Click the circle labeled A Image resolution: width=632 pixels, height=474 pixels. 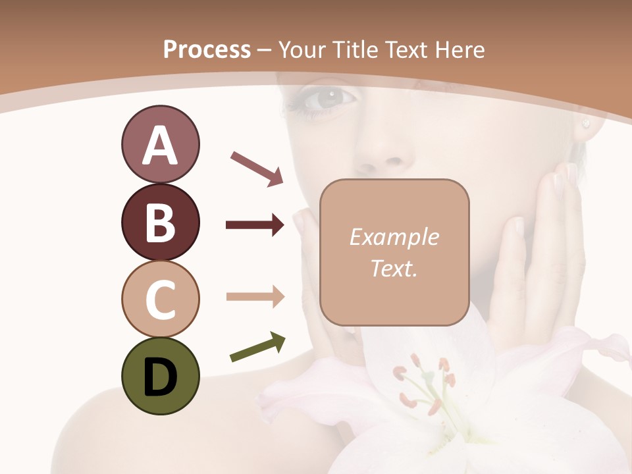160,145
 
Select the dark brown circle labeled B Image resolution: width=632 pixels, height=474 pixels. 160,222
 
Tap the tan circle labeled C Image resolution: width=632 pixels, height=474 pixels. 160,299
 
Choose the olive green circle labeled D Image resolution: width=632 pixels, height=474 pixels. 160,376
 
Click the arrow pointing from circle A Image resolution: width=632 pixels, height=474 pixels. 257,169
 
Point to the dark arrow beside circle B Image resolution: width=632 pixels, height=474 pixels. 255,225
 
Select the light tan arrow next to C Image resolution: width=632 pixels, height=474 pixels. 255,296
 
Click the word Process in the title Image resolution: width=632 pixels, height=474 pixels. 207,49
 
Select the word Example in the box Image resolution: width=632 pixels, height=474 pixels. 394,237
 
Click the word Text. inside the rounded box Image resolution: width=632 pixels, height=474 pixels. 394,268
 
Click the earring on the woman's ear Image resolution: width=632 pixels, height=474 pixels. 585,123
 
